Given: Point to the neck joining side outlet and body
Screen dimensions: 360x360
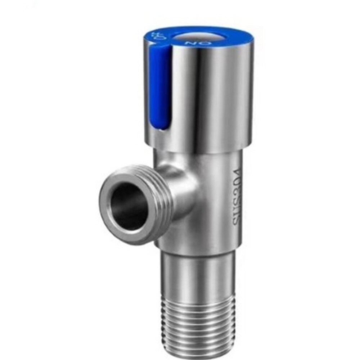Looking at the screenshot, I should [182, 191].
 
